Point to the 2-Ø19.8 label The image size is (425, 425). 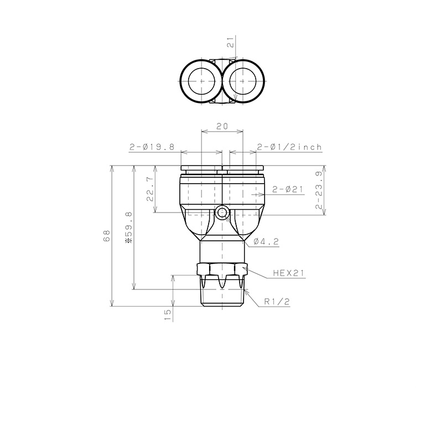(x=152, y=147)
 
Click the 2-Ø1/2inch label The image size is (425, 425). (x=289, y=147)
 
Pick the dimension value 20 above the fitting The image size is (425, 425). (x=222, y=126)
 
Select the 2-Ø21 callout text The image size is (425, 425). (x=288, y=190)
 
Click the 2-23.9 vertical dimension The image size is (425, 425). (x=319, y=190)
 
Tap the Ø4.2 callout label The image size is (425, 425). (x=265, y=241)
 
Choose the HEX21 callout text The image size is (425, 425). (x=289, y=273)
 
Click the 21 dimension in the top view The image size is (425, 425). (x=231, y=44)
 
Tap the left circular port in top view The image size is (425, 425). (x=201, y=81)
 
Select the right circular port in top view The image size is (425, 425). (x=242, y=81)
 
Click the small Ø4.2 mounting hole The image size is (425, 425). (x=222, y=212)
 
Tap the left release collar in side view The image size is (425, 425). (x=201, y=167)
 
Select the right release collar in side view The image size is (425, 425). (x=242, y=167)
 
